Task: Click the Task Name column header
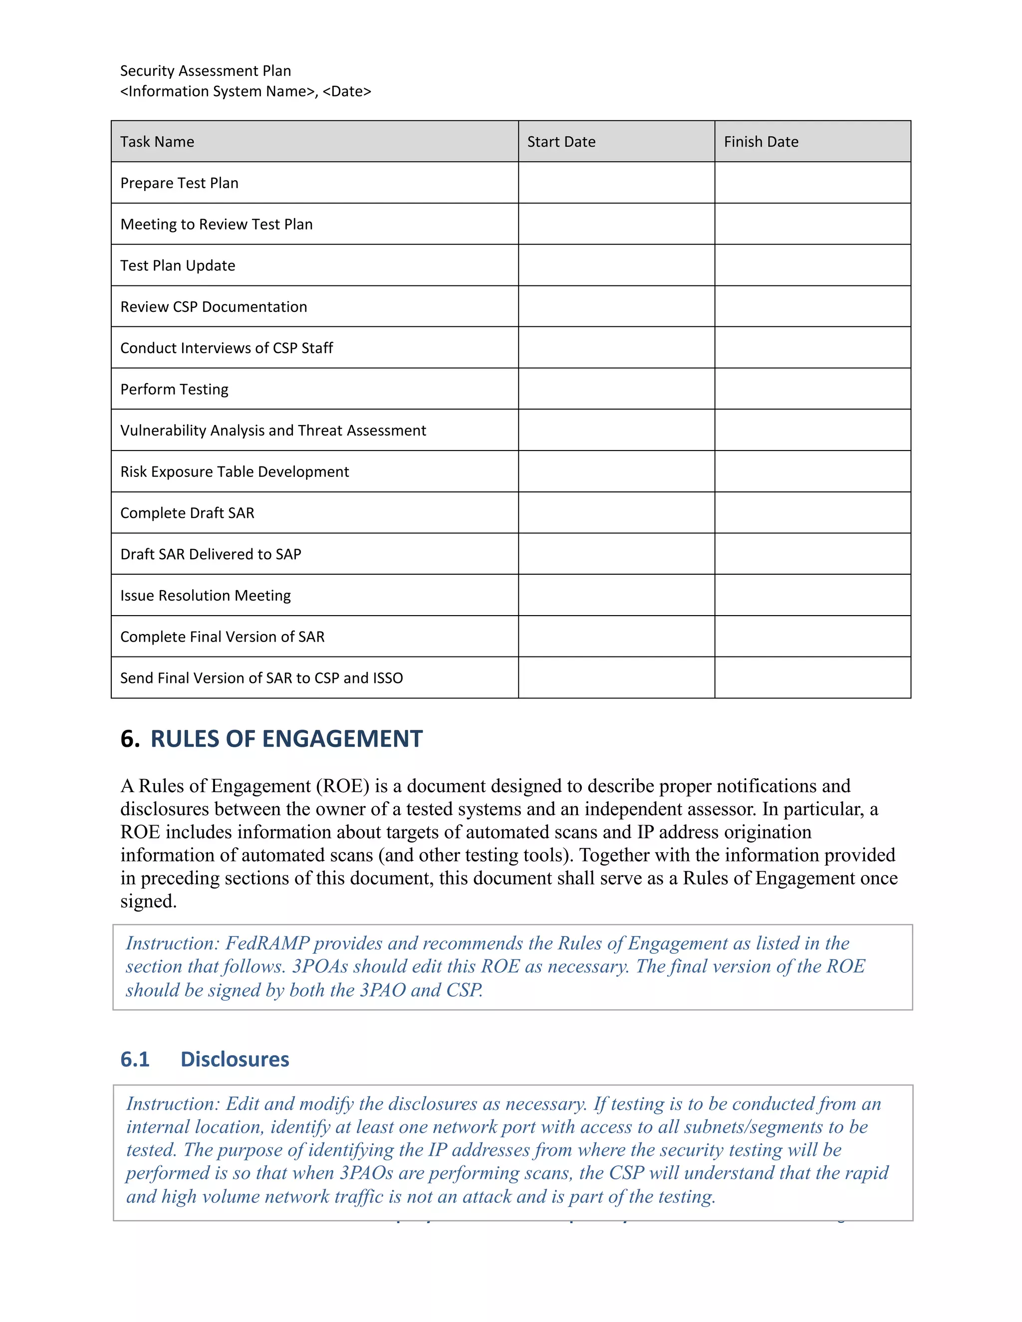pyautogui.click(x=157, y=142)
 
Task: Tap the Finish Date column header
pyautogui.click(x=761, y=142)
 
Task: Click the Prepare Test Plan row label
pyautogui.click(x=179, y=183)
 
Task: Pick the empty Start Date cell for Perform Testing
pyautogui.click(x=616, y=389)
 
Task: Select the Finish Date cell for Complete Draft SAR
pyautogui.click(x=812, y=513)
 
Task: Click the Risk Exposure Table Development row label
pyautogui.click(x=235, y=471)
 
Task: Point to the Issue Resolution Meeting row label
pyautogui.click(x=205, y=596)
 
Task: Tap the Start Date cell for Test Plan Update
pyautogui.click(x=616, y=265)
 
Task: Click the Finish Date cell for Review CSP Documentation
pyautogui.click(x=812, y=306)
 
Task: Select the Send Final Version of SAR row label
pyautogui.click(x=261, y=678)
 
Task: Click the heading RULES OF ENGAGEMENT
pyautogui.click(x=286, y=739)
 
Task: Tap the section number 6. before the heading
pyautogui.click(x=130, y=739)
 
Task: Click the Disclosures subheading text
pyautogui.click(x=235, y=1059)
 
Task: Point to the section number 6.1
pyautogui.click(x=134, y=1059)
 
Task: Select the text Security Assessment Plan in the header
pyautogui.click(x=205, y=71)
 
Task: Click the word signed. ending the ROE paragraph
pyautogui.click(x=148, y=901)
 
